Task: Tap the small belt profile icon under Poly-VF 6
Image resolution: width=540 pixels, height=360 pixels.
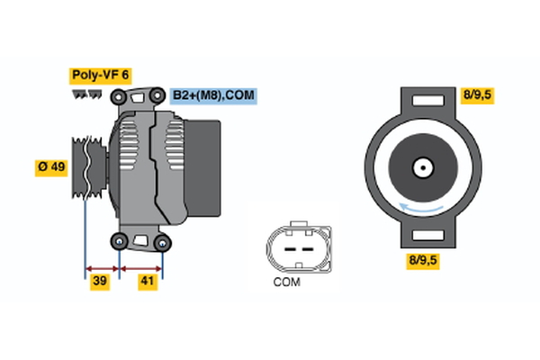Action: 86,93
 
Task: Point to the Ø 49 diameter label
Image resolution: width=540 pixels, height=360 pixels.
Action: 51,167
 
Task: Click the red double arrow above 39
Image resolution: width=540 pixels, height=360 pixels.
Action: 102,267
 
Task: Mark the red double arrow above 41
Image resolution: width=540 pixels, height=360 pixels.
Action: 141,267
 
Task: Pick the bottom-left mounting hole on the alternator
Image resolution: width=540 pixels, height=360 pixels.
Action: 120,240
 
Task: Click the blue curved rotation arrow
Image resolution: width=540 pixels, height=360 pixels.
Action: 421,210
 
